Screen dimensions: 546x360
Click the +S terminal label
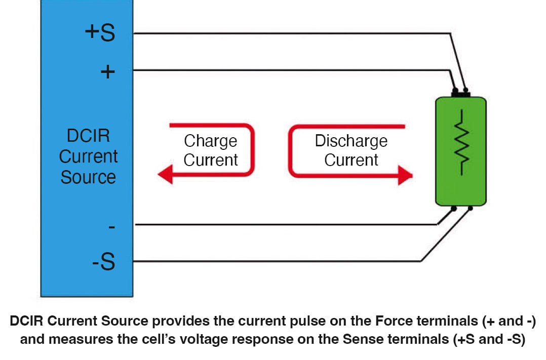click(100, 32)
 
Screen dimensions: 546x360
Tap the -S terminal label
click(103, 261)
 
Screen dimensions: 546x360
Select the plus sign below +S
click(107, 72)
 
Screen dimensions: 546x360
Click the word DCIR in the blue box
click(88, 135)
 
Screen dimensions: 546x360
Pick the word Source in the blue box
click(88, 177)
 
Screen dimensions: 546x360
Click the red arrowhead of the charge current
click(166, 174)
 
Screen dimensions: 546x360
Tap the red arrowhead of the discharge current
click(405, 175)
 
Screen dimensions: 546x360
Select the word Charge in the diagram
click(211, 141)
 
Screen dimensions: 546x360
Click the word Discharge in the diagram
click(351, 141)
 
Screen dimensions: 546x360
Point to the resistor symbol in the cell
click(462, 142)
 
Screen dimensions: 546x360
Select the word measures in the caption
click(81, 340)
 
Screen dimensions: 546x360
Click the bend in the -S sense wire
click(421, 261)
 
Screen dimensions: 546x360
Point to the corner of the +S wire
click(451, 33)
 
